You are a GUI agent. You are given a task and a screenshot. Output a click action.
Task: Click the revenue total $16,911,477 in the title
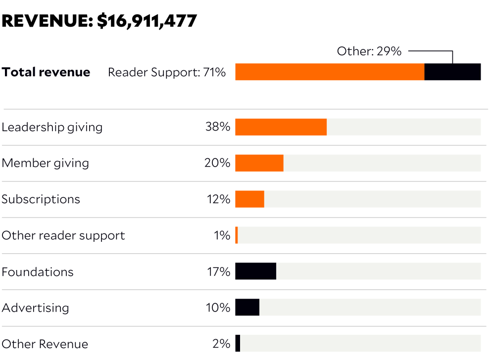coord(147,21)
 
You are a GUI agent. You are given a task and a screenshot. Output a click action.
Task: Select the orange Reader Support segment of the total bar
coord(330,72)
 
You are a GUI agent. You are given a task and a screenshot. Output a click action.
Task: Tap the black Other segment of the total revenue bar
coord(452,72)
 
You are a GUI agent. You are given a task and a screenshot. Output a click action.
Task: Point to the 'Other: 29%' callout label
coord(369,51)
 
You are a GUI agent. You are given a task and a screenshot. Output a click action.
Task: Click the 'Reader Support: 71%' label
coord(167,72)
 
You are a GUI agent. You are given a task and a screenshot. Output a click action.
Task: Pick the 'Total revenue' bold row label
coord(46,72)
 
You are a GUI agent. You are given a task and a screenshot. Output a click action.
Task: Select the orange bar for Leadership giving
coord(281,127)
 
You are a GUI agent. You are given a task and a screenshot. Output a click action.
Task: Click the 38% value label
coord(218,127)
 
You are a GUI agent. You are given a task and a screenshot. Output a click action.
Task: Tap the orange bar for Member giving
coord(259,163)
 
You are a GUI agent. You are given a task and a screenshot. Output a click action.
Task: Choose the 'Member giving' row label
coord(45,163)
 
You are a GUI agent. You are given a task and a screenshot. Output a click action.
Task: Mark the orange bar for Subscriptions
coord(249,199)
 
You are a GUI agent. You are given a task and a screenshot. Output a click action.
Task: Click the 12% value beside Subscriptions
coord(218,199)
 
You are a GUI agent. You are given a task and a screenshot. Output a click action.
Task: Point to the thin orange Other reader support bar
coord(237,235)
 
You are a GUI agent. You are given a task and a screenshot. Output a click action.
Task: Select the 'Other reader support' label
coord(63,235)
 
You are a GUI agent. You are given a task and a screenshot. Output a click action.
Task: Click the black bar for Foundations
coord(255,271)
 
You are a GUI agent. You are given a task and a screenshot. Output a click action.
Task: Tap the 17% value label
coord(218,271)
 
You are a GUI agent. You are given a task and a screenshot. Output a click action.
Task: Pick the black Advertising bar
coord(247,308)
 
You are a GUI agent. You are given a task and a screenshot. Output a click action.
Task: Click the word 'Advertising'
coord(35,308)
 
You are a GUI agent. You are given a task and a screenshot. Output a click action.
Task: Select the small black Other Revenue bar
coord(238,344)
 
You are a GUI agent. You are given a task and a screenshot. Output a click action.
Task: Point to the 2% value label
coord(221,344)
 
